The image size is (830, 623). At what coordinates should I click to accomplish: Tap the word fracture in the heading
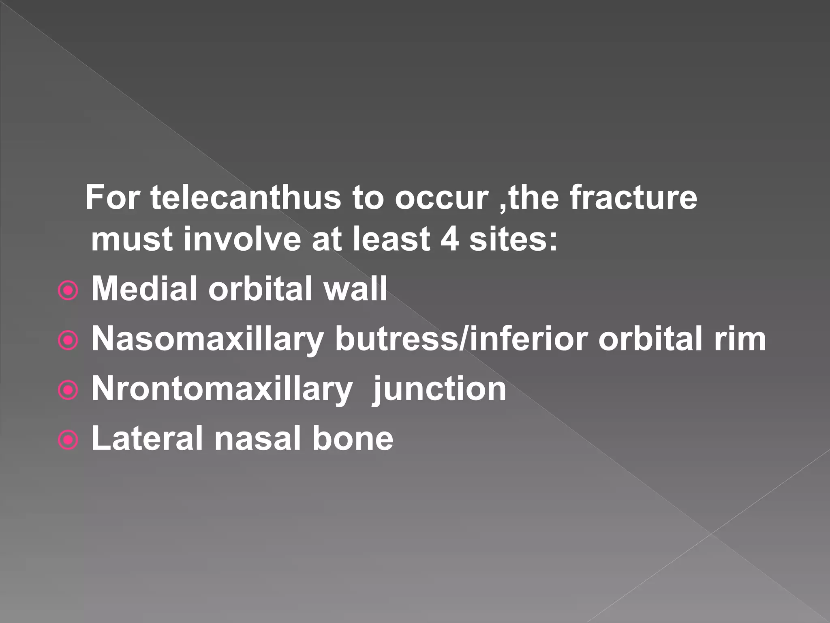(633, 198)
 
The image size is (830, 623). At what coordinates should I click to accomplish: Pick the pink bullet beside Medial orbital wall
(68, 291)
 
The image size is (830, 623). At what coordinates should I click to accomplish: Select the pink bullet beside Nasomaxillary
(68, 341)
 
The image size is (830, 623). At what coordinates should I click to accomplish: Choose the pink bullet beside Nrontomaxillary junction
(68, 391)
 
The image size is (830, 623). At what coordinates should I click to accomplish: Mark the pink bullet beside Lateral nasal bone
(68, 440)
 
